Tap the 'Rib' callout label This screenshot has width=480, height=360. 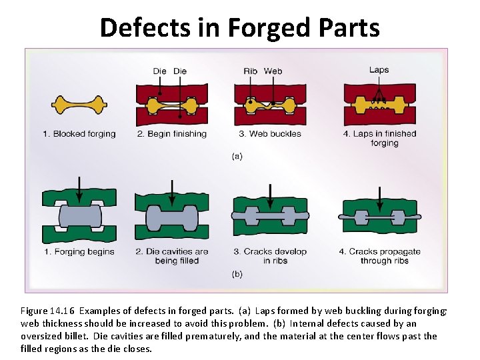pos(250,71)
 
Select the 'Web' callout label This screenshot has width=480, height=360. pos(273,71)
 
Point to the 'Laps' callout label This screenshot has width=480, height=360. pos(379,70)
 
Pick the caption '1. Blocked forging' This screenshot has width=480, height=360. pos(79,134)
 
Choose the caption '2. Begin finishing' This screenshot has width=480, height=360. pos(172,134)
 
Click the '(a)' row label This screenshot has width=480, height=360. pos(237,157)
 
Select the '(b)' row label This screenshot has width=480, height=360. pos(237,274)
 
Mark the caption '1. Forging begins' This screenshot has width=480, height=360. pos(79,252)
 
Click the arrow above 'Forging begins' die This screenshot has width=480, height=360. pos(80,188)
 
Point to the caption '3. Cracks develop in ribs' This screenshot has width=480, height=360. pos(270,256)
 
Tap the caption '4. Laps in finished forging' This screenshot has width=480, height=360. pos(380,138)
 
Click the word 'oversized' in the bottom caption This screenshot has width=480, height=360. pos(42,336)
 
